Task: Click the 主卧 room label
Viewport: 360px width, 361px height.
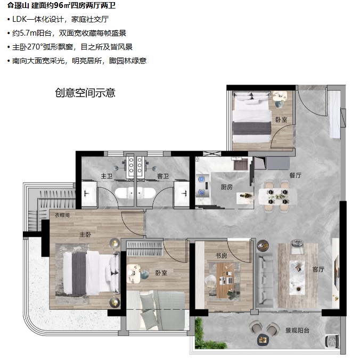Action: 85,235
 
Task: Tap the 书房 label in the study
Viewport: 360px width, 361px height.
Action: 222,256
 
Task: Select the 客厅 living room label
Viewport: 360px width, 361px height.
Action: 318,269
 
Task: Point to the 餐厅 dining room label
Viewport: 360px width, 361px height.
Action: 295,175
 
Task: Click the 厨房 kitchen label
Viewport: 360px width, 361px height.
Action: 227,187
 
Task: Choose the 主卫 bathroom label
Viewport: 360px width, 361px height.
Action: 107,176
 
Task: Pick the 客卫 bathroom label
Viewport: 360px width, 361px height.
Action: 163,176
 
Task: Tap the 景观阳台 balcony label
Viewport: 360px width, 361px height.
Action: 297,331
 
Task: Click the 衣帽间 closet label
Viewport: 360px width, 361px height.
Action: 62,215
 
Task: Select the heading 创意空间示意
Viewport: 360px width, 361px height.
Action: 85,93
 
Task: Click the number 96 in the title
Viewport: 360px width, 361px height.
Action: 59,5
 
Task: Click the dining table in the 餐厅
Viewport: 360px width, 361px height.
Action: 277,196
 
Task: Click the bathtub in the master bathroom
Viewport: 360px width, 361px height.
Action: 125,193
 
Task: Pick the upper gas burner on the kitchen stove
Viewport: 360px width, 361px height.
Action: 202,179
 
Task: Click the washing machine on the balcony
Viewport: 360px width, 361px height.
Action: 332,341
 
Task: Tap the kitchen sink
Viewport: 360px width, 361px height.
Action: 241,164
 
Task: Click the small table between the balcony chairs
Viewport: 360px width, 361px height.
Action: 263,339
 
